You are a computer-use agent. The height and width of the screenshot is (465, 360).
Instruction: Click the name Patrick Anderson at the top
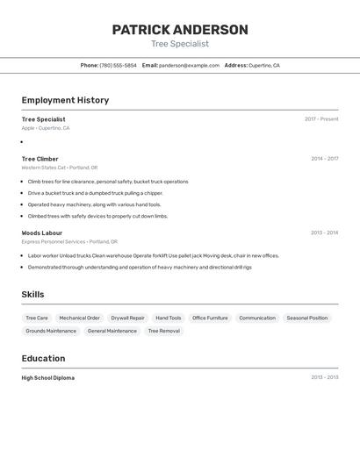pos(180,30)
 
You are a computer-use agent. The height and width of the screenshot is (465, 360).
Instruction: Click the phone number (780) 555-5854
pos(118,65)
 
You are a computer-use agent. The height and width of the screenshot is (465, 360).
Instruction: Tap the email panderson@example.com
pos(189,65)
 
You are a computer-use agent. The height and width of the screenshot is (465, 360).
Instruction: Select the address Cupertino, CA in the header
pos(263,65)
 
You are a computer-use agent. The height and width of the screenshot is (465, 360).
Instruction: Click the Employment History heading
pos(65,100)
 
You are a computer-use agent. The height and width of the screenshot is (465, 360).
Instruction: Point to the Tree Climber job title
pos(40,159)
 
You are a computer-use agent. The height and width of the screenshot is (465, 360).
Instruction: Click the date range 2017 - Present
pos(321,119)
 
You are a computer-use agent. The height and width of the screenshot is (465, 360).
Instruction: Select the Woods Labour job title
pos(42,232)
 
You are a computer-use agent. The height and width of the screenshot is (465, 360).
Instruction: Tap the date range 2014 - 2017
pos(324,159)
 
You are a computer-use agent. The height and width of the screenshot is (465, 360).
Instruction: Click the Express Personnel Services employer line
pos(69,241)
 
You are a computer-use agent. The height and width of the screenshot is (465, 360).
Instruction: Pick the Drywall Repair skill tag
pos(127,318)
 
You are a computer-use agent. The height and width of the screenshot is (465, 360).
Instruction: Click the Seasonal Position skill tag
pos(306,318)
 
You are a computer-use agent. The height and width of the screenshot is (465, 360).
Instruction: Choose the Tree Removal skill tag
pos(163,331)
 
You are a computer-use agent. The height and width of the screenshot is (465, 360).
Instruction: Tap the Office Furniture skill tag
pos(210,318)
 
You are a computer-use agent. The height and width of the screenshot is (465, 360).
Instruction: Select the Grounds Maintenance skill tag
pos(51,331)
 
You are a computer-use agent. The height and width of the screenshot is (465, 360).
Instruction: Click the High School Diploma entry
pos(48,378)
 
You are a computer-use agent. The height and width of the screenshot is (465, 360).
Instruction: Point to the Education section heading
pos(43,358)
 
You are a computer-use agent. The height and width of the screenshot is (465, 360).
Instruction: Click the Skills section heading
pos(32,294)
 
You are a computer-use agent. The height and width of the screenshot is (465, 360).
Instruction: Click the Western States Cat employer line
pos(60,168)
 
